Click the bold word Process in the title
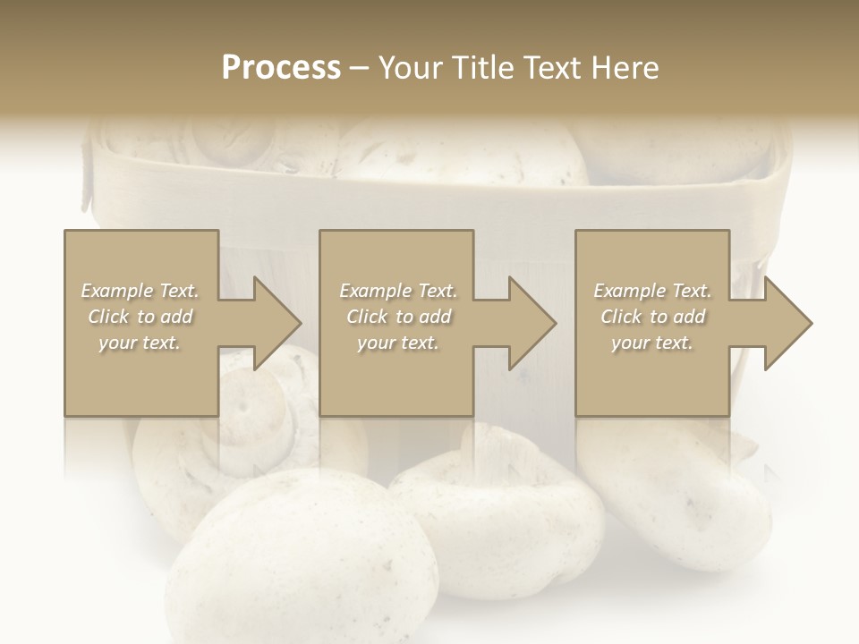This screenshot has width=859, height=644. coord(281,67)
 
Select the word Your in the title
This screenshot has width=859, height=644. coord(409,67)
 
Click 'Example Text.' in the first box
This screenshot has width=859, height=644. coord(140,291)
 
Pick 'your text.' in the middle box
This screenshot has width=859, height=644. coord(396,343)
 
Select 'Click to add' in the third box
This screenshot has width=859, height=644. coord(652,317)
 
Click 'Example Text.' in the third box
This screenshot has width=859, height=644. coord(652,291)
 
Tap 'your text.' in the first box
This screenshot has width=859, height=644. coord(140,343)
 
